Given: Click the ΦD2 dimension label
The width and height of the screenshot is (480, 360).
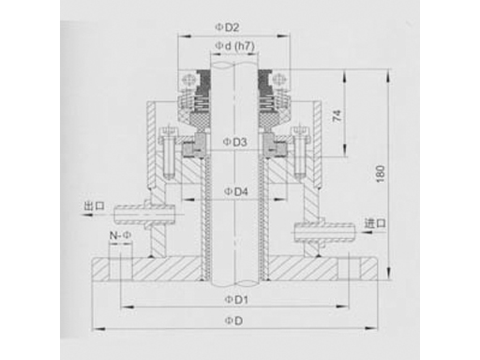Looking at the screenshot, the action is [x=227, y=28].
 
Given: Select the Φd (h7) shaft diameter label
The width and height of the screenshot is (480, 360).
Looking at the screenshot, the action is [x=234, y=46].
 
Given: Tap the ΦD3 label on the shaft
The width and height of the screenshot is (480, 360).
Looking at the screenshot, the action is [x=234, y=142].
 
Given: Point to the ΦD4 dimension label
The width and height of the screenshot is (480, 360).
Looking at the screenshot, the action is [x=236, y=191].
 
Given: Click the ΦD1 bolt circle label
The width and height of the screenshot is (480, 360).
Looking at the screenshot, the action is [x=236, y=300].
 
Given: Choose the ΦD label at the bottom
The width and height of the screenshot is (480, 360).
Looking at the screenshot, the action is [x=233, y=321].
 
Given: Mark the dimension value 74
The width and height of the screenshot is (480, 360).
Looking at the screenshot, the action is [x=337, y=115].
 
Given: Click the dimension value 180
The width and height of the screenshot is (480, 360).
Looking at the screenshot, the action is [x=381, y=174].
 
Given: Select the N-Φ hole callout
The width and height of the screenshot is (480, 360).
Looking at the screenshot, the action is [x=120, y=235].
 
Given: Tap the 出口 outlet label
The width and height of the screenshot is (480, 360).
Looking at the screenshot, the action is [x=94, y=206].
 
